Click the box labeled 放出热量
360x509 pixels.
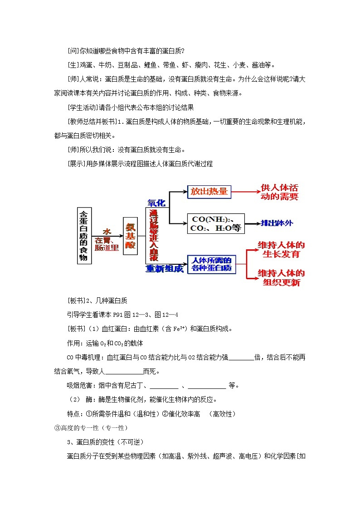click(x=209, y=192)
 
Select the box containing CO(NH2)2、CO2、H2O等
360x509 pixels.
click(x=216, y=223)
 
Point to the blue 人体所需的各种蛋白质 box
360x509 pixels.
click(x=211, y=264)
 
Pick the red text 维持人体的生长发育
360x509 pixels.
click(x=281, y=249)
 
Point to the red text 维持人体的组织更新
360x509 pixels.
click(x=281, y=278)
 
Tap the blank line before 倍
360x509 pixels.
click(x=242, y=357)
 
